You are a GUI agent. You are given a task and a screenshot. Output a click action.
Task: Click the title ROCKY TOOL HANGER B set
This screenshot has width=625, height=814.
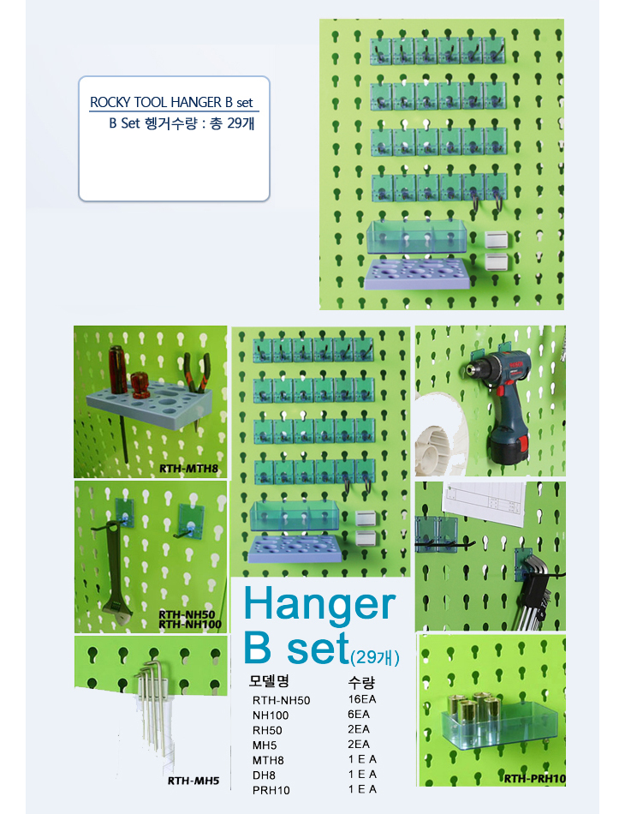pyautogui.click(x=172, y=102)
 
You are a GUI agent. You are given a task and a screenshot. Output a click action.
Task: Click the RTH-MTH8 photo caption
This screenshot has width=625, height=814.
pyautogui.click(x=188, y=468)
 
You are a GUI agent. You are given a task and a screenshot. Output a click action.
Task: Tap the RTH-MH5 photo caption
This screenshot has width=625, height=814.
pyautogui.click(x=193, y=781)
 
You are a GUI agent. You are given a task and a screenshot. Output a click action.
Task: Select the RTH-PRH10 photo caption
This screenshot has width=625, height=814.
pyautogui.click(x=535, y=778)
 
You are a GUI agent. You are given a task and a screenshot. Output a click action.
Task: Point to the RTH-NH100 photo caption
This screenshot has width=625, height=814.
pyautogui.click(x=190, y=624)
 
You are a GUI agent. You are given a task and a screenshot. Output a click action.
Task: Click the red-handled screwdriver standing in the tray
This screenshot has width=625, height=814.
pyautogui.click(x=117, y=369)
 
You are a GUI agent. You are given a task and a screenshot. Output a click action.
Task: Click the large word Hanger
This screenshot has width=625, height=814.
pyautogui.click(x=319, y=605)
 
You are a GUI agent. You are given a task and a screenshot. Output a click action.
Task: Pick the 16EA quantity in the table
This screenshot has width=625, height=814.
pyautogui.click(x=362, y=699)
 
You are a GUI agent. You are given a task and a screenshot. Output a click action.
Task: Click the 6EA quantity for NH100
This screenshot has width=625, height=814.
pyautogui.click(x=359, y=715)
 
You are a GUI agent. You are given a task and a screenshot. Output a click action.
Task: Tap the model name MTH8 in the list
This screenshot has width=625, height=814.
pyautogui.click(x=268, y=761)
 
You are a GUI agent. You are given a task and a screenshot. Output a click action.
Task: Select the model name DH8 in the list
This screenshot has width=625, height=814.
pyautogui.click(x=264, y=775)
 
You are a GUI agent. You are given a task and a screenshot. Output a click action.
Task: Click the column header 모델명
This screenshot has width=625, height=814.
pyautogui.click(x=269, y=680)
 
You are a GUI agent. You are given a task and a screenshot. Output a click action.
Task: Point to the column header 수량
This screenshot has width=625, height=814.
pyautogui.click(x=361, y=682)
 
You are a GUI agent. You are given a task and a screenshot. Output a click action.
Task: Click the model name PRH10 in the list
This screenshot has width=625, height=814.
pyautogui.click(x=271, y=791)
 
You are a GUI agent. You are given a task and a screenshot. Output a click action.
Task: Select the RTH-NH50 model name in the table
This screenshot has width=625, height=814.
pyautogui.click(x=281, y=700)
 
